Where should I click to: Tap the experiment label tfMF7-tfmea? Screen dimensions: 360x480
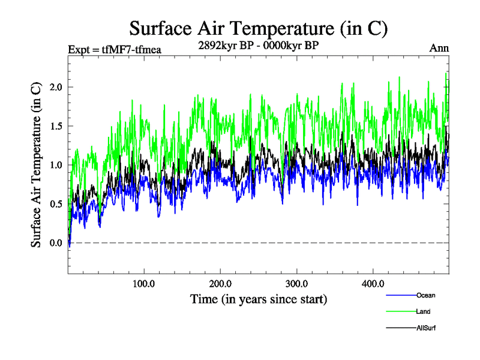[114, 49]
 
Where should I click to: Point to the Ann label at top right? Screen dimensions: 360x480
[439, 49]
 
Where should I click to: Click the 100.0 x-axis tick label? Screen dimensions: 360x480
[144, 283]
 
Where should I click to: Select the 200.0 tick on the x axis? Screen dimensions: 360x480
[221, 283]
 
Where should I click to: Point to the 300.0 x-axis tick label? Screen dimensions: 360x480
[297, 283]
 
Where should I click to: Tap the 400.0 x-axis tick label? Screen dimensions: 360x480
[373, 283]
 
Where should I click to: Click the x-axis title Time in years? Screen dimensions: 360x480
[259, 298]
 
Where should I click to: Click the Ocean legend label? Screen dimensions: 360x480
[425, 295]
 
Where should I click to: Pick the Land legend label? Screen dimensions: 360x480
[423, 311]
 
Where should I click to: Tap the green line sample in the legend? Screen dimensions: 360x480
[400, 311]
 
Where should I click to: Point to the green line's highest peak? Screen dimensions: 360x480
[446, 73]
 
